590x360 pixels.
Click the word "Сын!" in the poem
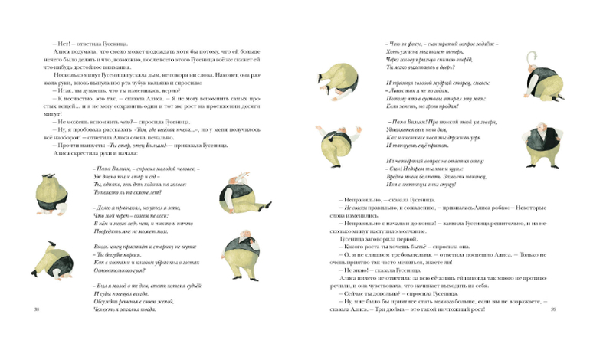click(x=392, y=167)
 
